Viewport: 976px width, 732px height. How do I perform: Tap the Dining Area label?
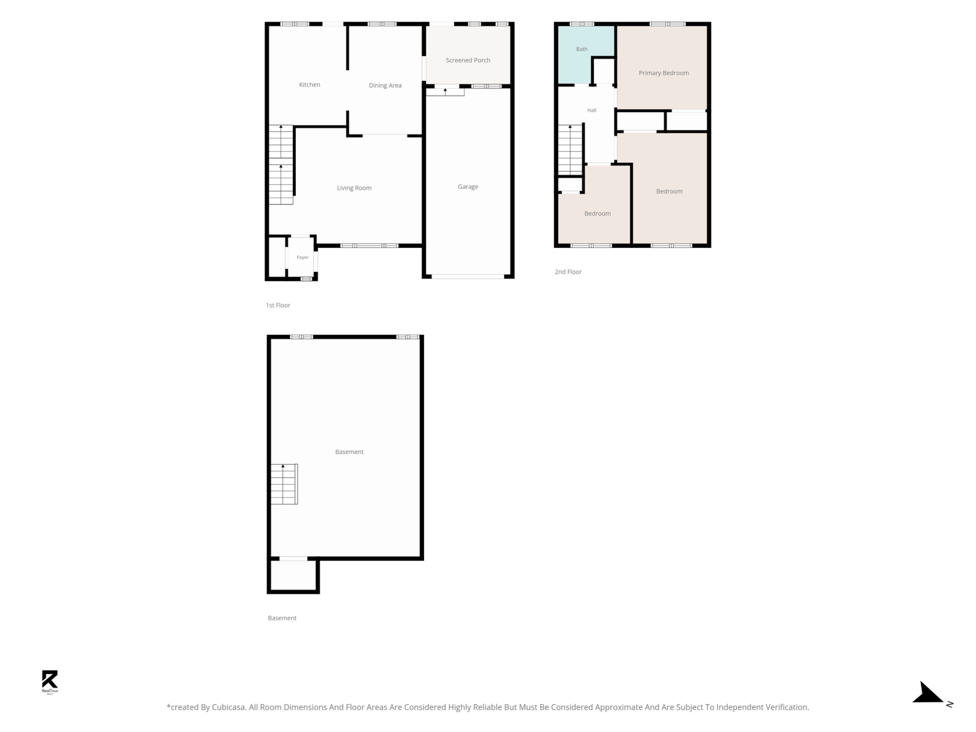pos(385,86)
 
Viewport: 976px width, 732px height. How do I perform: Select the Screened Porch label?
pos(468,60)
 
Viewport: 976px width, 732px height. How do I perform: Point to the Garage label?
pos(468,187)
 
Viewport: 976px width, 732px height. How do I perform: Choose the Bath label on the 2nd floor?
pos(582,49)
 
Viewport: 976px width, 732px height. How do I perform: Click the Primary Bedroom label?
pos(664,73)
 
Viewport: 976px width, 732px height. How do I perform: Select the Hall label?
pos(592,110)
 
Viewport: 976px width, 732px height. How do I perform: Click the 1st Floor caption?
pos(278,305)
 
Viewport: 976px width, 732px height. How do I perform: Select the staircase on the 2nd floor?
pos(570,150)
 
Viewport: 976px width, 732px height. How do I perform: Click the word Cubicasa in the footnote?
pos(228,707)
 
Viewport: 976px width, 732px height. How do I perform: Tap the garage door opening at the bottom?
pos(468,277)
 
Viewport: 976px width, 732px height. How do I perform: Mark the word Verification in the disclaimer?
pos(785,707)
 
